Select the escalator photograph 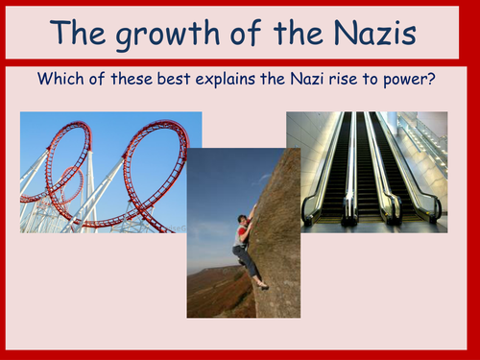pos(367,171)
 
